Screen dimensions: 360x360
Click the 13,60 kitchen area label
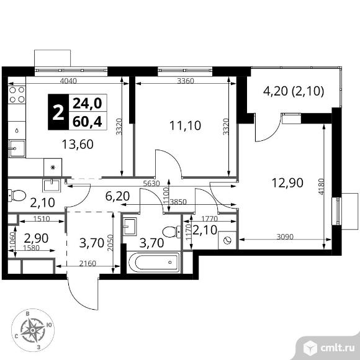tap(78, 145)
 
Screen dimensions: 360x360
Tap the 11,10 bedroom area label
tap(186, 125)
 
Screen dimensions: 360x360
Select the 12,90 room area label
tap(287, 183)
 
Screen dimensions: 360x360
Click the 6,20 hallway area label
tap(117, 196)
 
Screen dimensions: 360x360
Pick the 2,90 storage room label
tap(36, 238)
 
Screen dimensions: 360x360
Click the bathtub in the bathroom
tap(154, 262)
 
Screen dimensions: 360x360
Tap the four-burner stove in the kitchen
tap(17, 94)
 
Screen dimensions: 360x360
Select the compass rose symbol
tap(33, 330)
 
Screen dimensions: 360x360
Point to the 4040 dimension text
tap(68, 81)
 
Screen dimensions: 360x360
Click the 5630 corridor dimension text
tap(151, 184)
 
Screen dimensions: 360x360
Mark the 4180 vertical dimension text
tap(322, 187)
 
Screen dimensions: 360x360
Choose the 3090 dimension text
tap(285, 236)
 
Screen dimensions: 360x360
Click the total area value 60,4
tap(88, 122)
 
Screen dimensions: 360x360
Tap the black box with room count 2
tap(58, 112)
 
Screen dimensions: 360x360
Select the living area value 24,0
tap(88, 103)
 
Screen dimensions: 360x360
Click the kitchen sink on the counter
tap(17, 148)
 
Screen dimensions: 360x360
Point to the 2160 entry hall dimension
tap(88, 263)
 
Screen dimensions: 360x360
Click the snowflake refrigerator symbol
tap(53, 168)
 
